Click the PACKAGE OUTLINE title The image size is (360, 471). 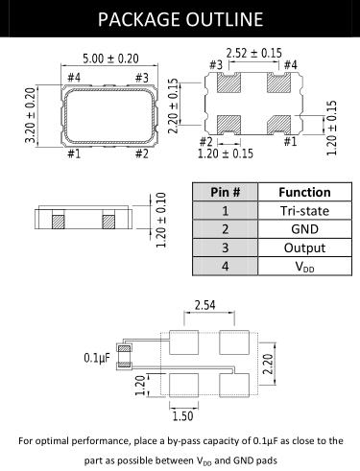[x=180, y=19]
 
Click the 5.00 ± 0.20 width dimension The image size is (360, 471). [x=110, y=59]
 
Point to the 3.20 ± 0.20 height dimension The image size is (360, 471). [x=31, y=115]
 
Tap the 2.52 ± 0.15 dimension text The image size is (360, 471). [x=254, y=53]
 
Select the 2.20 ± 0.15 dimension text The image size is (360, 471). [x=173, y=106]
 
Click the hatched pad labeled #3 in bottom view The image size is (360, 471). [x=228, y=82]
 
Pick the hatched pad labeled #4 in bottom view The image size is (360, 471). [x=279, y=82]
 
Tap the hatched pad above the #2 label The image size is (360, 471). [x=228, y=125]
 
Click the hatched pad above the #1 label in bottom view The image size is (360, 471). [x=279, y=125]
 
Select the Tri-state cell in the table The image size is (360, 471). [x=304, y=211]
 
